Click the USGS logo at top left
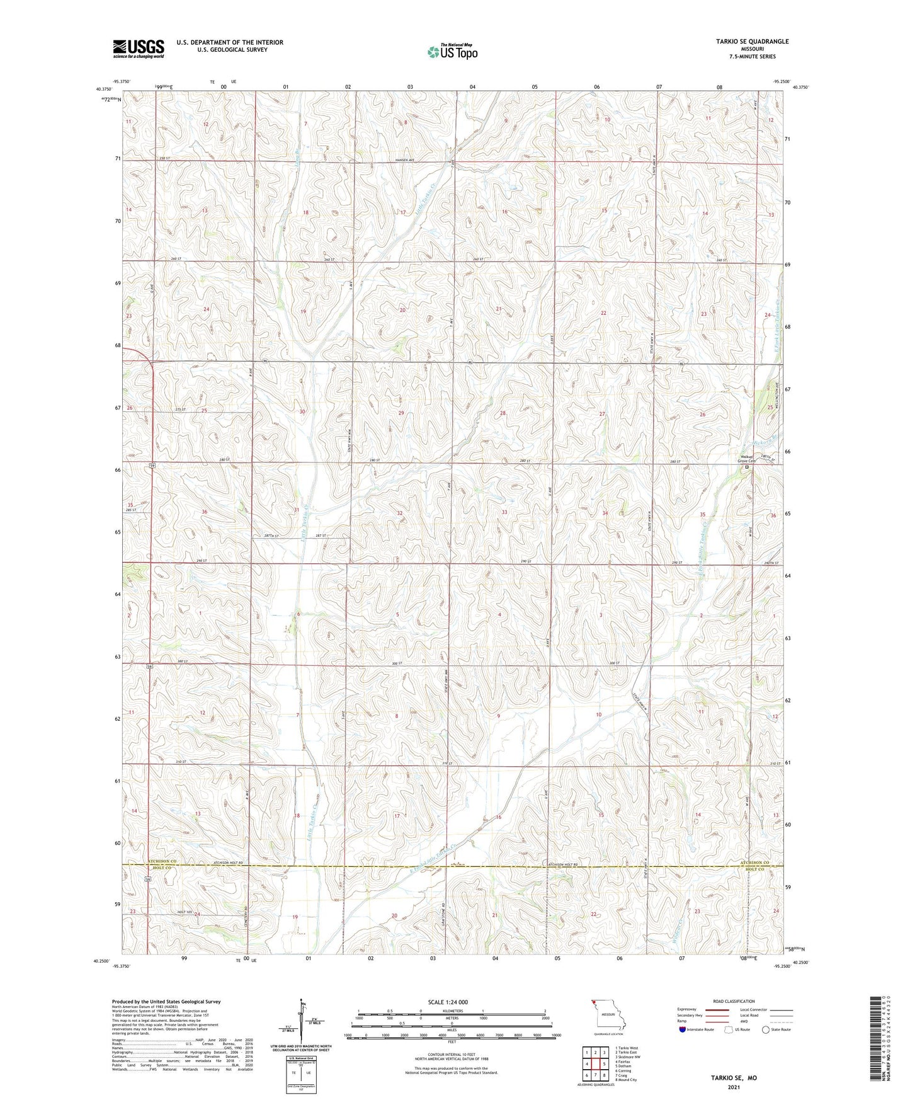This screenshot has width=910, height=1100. click(x=139, y=49)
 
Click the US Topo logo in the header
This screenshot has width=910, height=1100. click(x=452, y=52)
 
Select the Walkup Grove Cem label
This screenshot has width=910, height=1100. click(x=748, y=460)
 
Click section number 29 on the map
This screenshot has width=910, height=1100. click(x=401, y=413)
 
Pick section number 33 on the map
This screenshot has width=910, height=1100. click(x=504, y=512)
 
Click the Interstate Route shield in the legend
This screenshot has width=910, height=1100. click(x=683, y=1029)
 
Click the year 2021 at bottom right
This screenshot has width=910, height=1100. click(x=733, y=1087)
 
